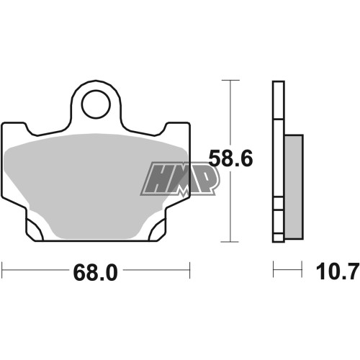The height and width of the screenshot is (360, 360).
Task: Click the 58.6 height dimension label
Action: pos(230,158)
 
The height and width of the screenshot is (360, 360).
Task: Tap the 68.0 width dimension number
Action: pos(96,273)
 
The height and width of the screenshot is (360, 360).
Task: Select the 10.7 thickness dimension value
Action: pos(338,271)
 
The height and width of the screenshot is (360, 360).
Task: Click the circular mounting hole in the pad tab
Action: pos(96,104)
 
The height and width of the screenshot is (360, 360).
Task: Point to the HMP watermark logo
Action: pos(180,179)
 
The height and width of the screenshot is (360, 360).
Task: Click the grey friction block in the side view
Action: pos(294,187)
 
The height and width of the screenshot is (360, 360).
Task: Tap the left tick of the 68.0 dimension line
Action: pos(2,270)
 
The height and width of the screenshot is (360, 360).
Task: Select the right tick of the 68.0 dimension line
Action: pos(190,270)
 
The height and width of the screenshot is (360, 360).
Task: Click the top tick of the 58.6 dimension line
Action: pos(230,80)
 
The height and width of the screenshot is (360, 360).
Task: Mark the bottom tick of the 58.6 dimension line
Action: pos(230,242)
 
